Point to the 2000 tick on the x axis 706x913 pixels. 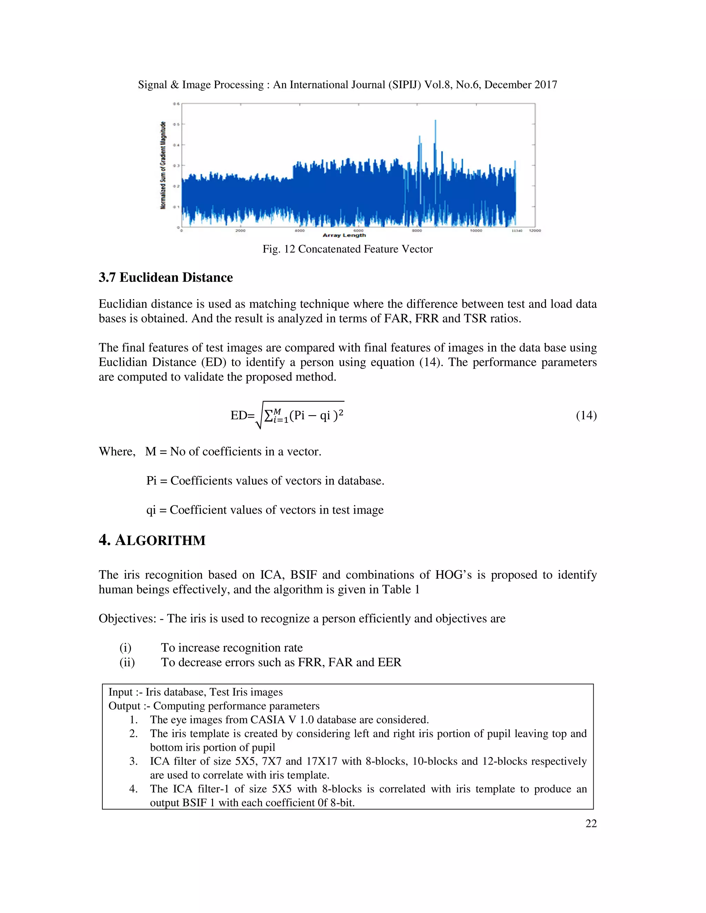coord(241,231)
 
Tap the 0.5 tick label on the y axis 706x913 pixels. coord(176,124)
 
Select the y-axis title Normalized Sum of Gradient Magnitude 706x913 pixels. coord(163,165)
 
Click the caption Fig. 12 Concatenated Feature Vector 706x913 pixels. coord(347,249)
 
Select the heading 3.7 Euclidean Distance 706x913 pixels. coord(165,278)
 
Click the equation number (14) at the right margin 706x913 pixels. coord(586,415)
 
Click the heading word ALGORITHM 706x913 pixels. coord(160,541)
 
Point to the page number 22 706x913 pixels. coord(591,823)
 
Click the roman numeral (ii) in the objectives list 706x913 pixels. coord(127,662)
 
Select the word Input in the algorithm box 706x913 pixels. coord(120,692)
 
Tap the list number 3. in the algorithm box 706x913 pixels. coord(133,761)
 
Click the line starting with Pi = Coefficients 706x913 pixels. coord(265,481)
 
